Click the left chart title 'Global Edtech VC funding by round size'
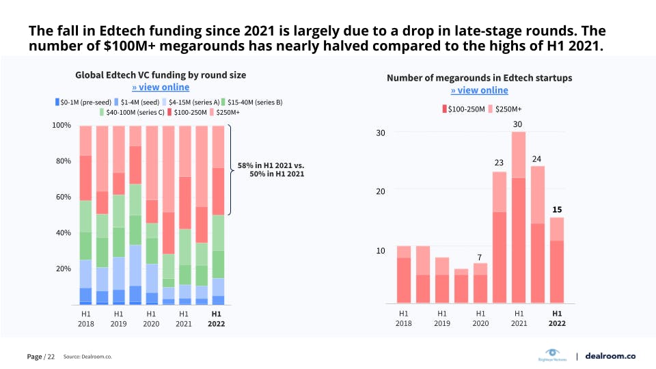pyautogui.click(x=161, y=74)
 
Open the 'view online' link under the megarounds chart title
pyautogui.click(x=479, y=90)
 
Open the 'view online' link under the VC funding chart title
pyautogui.click(x=161, y=87)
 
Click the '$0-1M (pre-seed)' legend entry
pyautogui.click(x=81, y=102)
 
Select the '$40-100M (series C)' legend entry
pyautogui.click(x=135, y=112)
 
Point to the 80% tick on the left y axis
pyautogui.click(x=61, y=161)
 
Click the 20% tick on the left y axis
pyautogui.click(x=61, y=269)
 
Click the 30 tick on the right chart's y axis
pyautogui.click(x=380, y=132)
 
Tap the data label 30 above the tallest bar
pyautogui.click(x=517, y=124)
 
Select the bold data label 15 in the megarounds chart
pyautogui.click(x=557, y=209)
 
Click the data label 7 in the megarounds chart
pyautogui.click(x=480, y=257)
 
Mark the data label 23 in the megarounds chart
pyautogui.click(x=499, y=163)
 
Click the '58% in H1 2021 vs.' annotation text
pyautogui.click(x=271, y=165)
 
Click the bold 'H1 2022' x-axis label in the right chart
pyautogui.click(x=557, y=318)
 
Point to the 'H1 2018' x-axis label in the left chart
pyautogui.click(x=85, y=318)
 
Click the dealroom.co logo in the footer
pyautogui.click(x=611, y=356)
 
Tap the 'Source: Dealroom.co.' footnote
pyautogui.click(x=87, y=357)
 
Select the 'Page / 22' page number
pyautogui.click(x=40, y=357)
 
